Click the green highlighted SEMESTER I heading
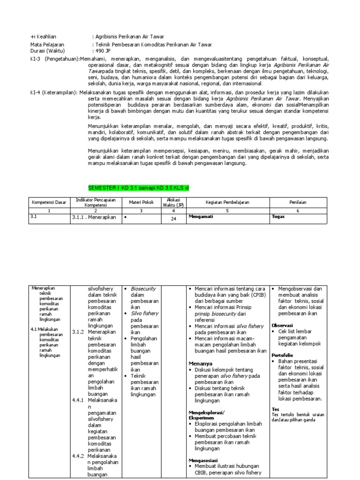[138, 187]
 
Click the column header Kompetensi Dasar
[49, 202]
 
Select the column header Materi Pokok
[141, 202]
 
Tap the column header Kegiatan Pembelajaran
[227, 202]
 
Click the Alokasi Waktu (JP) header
[173, 202]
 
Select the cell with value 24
[173, 218]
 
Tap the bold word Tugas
[278, 217]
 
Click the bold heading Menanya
[200, 363]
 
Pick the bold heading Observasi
[282, 325]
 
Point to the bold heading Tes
[275, 409]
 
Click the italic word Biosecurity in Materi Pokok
[143, 289]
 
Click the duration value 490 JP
[104, 51]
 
